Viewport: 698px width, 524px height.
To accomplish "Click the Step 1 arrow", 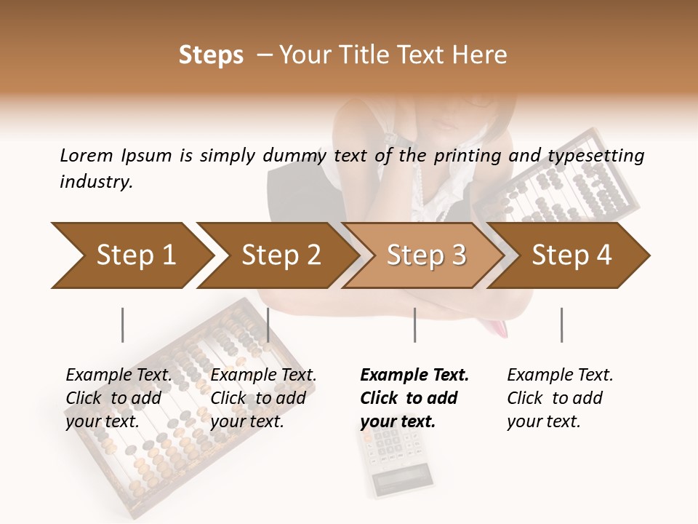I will click(x=131, y=255).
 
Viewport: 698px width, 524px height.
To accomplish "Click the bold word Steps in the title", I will click(x=211, y=55).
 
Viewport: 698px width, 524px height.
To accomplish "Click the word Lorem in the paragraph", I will click(x=87, y=155).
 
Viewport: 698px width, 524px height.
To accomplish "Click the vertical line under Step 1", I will click(x=122, y=325).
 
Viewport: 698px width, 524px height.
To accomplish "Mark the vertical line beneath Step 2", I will click(x=268, y=325).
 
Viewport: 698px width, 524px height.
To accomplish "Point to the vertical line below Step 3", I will click(x=414, y=325).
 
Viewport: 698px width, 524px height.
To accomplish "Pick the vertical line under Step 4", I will click(x=561, y=325).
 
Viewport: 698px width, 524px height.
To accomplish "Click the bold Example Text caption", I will click(x=414, y=398).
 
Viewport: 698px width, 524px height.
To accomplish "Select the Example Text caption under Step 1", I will click(x=119, y=398).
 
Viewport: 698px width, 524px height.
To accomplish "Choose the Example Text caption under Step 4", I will click(x=560, y=398).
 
